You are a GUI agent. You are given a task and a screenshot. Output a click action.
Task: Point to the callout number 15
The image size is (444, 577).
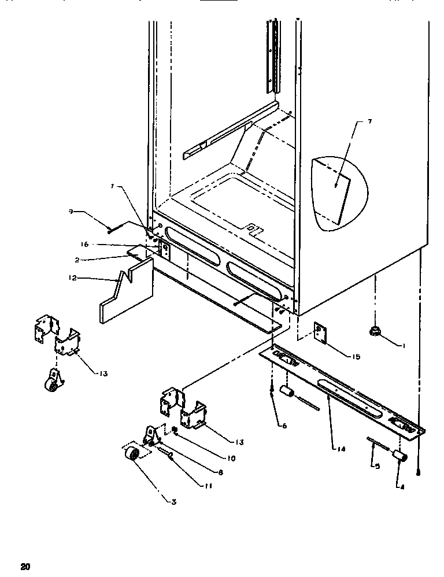tap(355, 357)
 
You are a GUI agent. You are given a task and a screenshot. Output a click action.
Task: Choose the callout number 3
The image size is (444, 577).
tap(173, 501)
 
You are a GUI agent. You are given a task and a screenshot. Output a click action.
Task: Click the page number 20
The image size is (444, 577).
tap(24, 566)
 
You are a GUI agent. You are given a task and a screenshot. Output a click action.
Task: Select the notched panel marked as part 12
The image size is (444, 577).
tap(126, 292)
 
